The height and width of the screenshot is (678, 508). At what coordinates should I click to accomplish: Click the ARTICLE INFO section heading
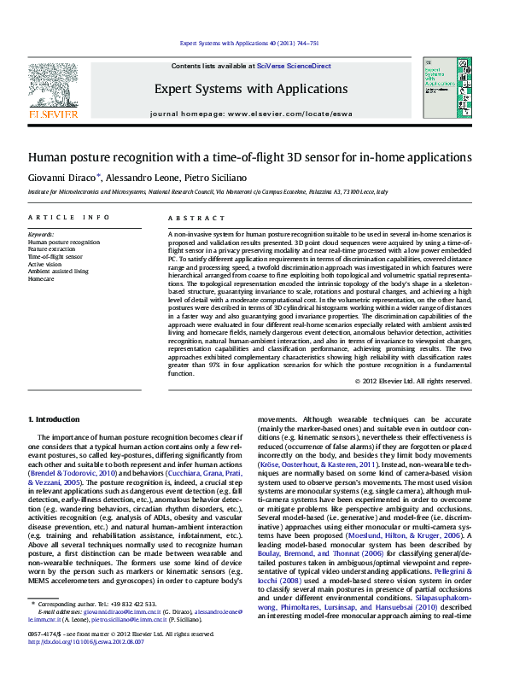69,219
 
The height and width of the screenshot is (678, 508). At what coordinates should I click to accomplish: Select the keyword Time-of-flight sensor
55,255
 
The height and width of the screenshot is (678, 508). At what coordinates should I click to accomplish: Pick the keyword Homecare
41,278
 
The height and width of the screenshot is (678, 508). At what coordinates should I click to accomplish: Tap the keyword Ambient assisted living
58,271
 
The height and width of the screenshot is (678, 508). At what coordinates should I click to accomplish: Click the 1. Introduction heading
55,419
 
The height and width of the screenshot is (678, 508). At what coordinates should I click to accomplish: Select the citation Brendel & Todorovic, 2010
72,472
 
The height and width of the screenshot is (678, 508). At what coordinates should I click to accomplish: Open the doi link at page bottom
88,666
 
